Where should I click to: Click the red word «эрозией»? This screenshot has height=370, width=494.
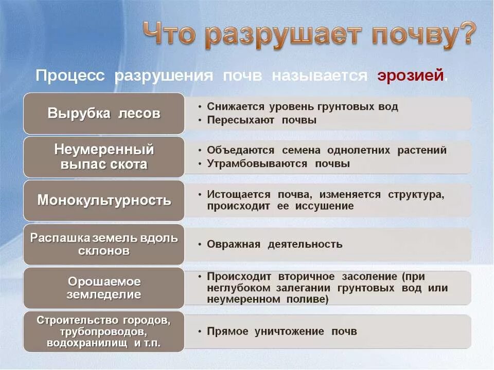coord(410,76)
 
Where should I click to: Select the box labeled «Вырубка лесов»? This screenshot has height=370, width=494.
coord(103,114)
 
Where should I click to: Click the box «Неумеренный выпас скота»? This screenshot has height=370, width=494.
coord(103,157)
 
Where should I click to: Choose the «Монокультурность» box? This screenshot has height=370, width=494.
coord(103,200)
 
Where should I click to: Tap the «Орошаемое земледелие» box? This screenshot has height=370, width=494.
coord(103,288)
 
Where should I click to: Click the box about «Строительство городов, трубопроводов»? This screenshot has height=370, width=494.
coord(103,331)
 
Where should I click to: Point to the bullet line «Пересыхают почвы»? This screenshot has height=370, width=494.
coord(261,120)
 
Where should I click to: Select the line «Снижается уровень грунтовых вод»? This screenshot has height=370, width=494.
coord(302,107)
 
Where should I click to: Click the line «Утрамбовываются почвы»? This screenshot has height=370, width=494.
coord(278,164)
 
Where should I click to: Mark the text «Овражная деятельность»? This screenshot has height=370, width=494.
coord(274,244)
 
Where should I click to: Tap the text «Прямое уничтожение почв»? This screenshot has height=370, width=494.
coord(281,331)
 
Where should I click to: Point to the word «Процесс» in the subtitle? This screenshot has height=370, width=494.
coord(70,76)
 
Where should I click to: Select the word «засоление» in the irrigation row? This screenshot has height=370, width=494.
coord(368,276)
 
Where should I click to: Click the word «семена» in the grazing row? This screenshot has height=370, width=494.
coord(301,151)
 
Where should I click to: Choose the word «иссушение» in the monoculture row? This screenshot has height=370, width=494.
coord(324,206)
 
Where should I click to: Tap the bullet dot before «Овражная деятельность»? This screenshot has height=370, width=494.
coord(200,244)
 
